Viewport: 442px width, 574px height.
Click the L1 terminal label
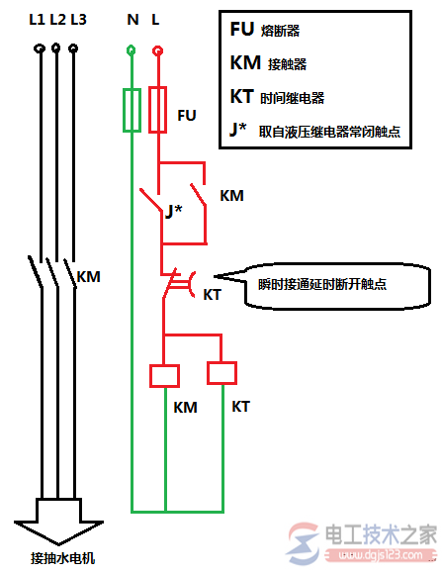(x=37, y=20)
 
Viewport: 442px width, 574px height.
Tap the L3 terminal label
(x=79, y=20)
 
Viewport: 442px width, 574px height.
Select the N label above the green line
(x=133, y=20)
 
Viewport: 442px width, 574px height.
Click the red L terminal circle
(x=157, y=50)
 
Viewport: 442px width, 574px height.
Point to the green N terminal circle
(x=131, y=49)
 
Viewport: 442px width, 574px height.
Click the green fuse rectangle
(x=132, y=110)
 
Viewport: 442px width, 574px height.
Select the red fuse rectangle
(x=157, y=110)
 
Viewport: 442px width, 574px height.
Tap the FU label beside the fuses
(x=187, y=116)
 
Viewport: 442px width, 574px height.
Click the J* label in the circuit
(x=173, y=211)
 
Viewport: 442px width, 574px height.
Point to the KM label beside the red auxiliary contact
(x=231, y=196)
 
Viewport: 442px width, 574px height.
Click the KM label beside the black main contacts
(x=89, y=276)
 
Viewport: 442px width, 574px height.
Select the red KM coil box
(x=165, y=376)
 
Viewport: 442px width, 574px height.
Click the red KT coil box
(x=221, y=373)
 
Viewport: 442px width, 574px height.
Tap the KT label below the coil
(x=240, y=407)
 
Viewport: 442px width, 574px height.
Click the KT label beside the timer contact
(x=212, y=295)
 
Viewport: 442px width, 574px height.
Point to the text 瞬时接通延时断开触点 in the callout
(x=322, y=284)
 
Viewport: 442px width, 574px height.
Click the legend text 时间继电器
(x=293, y=98)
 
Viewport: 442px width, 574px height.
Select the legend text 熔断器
(x=280, y=31)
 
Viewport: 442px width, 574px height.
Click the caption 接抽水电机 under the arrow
(x=62, y=558)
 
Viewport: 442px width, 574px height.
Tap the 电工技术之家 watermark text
(x=381, y=534)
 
